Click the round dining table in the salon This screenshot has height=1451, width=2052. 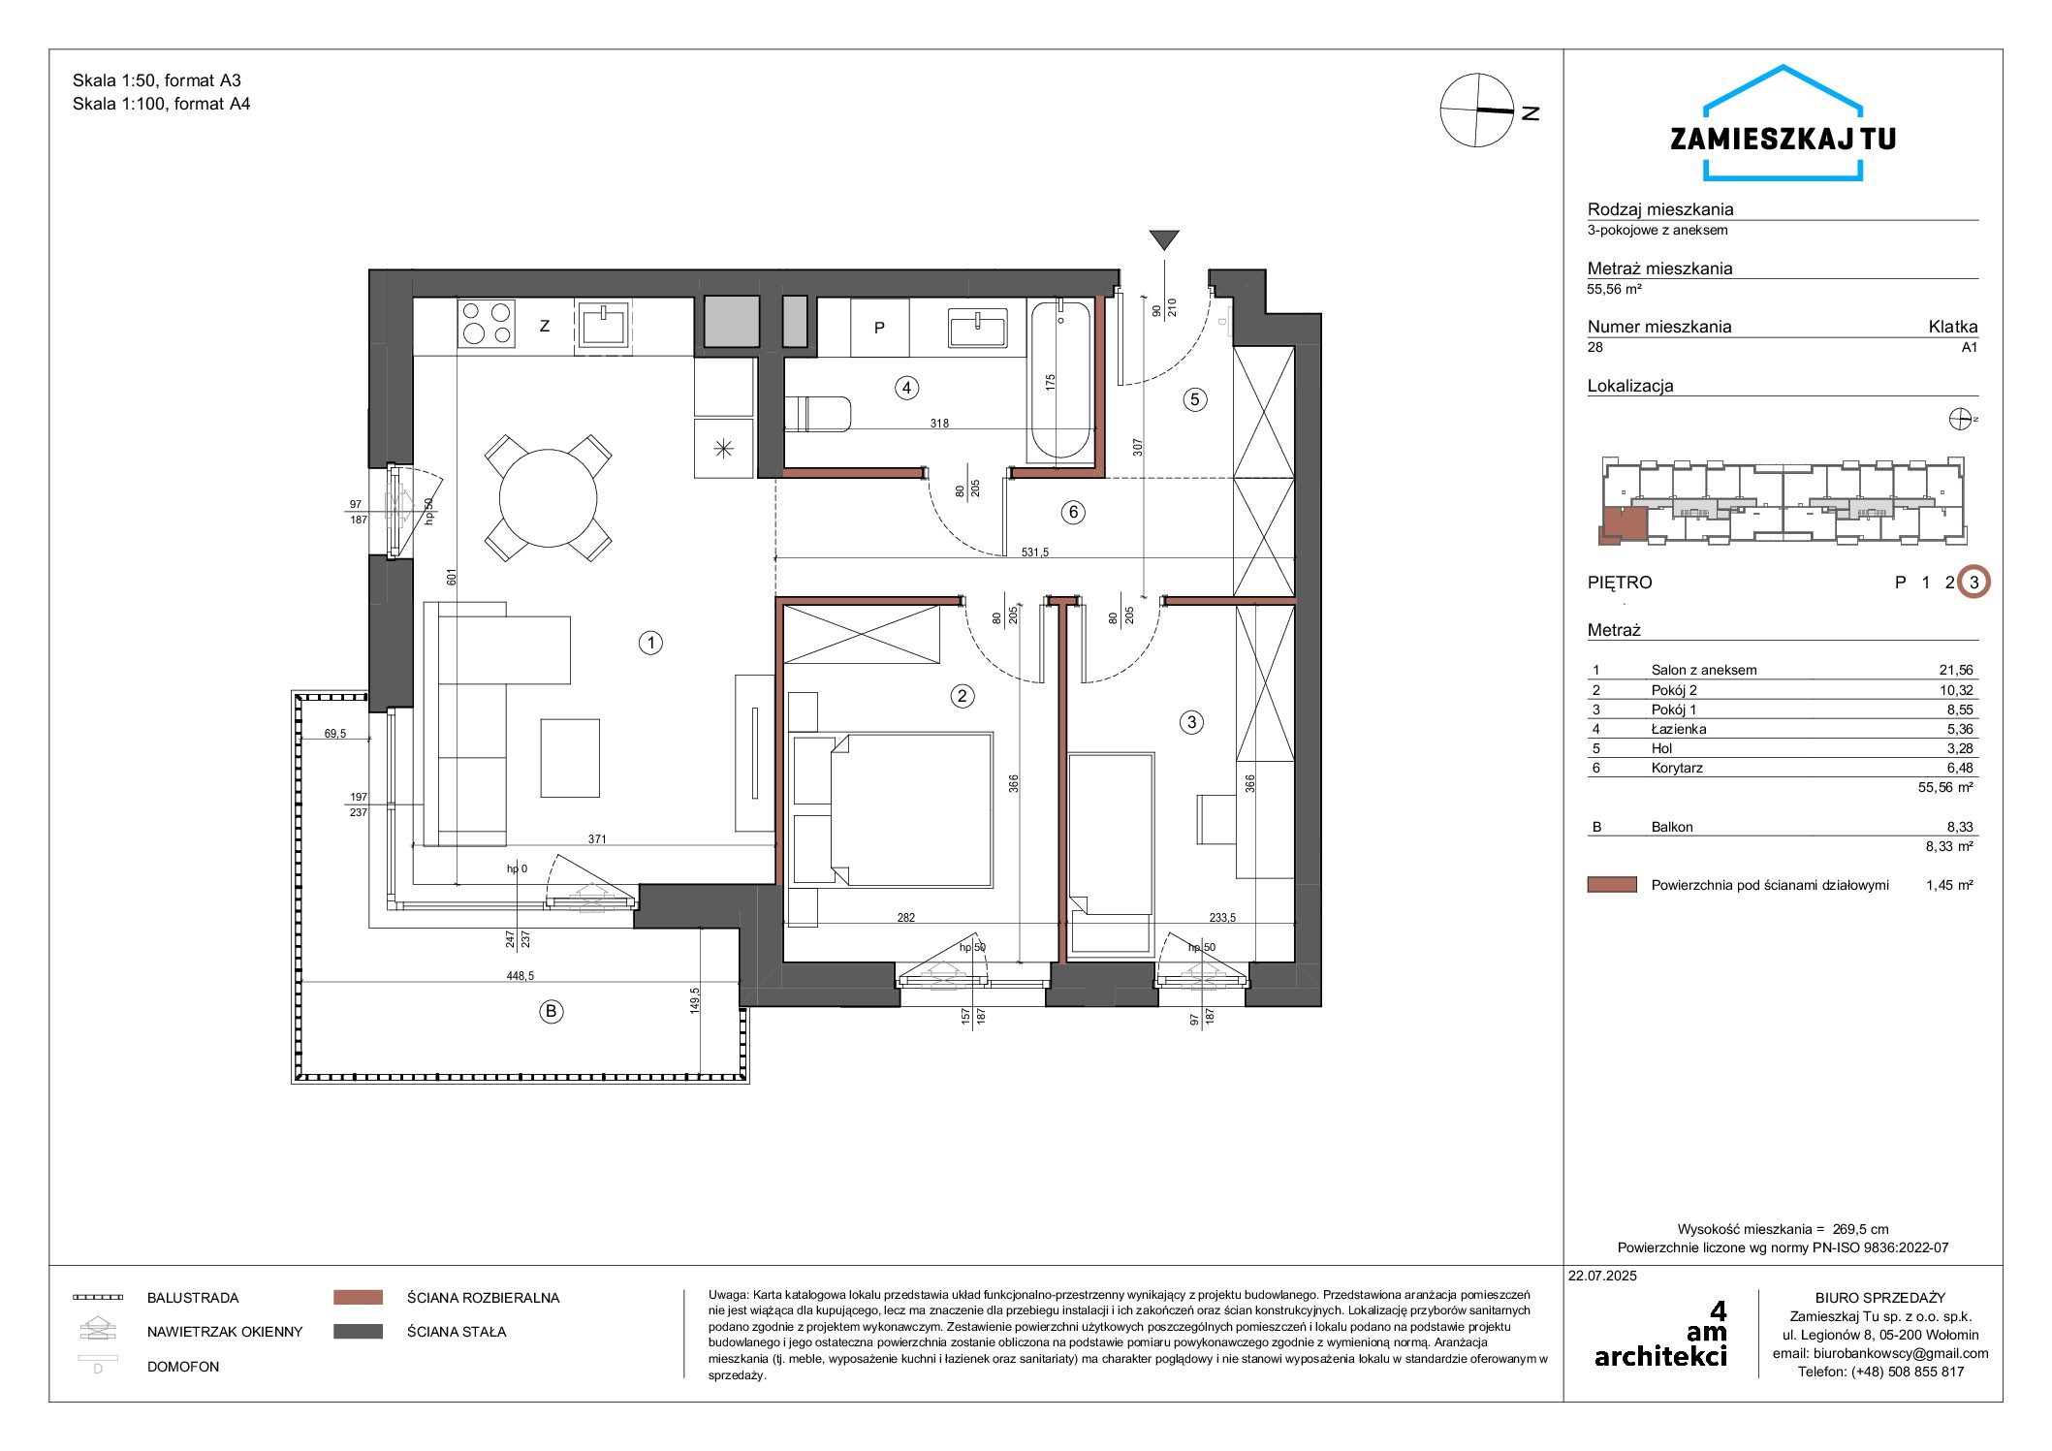[x=548, y=498]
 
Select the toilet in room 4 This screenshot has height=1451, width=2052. [x=817, y=414]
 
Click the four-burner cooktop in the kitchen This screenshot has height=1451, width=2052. [x=487, y=323]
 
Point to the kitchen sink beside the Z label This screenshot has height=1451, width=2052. [x=603, y=325]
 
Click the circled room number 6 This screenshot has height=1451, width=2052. [x=1073, y=512]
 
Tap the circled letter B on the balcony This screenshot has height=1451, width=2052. [x=551, y=1012]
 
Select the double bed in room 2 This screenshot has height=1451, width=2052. [x=893, y=809]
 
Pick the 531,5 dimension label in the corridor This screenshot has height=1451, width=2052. [x=1035, y=552]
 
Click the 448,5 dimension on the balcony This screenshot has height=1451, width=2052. [x=521, y=976]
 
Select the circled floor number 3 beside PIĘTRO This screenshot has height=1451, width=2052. [x=1973, y=583]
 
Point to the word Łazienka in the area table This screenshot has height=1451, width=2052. [x=1679, y=729]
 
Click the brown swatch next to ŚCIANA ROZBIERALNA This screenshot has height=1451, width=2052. [x=358, y=1297]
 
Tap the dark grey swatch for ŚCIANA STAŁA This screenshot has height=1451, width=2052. [x=358, y=1331]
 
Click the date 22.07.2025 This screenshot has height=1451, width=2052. [x=1602, y=1276]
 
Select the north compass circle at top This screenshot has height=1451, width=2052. [x=1477, y=110]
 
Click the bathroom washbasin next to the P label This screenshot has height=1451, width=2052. [x=978, y=328]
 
